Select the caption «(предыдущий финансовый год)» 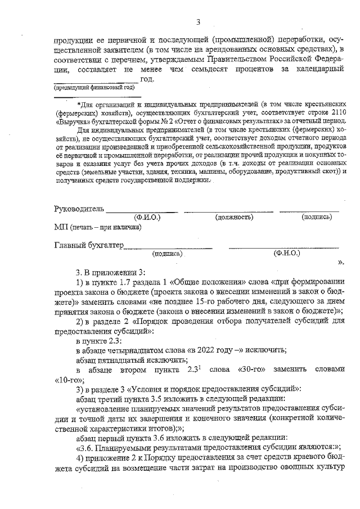(94, 88)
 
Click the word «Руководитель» (79, 209)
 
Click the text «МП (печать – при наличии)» (97, 227)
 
